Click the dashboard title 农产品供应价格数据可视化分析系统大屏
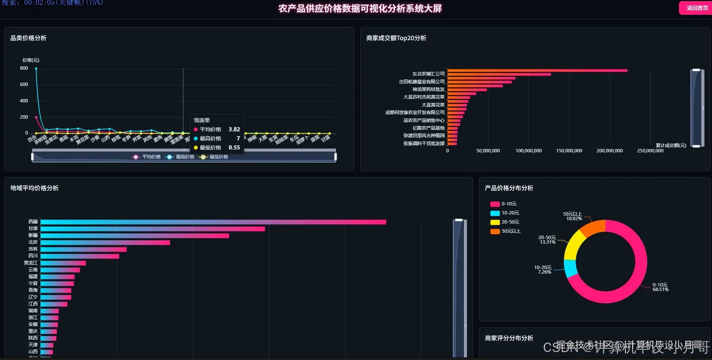360,8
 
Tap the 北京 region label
33,242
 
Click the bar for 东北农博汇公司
537,70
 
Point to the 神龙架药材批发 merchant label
428,89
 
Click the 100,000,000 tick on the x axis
528,151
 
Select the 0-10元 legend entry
504,204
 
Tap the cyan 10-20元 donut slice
570,268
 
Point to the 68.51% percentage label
660,290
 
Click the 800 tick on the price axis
24,68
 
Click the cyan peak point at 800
36,69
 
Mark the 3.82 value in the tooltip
234,130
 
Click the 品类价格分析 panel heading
28,38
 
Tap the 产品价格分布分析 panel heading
509,188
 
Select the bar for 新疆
135,236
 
